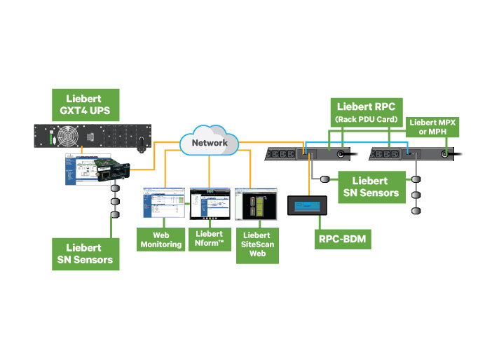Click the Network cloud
click(210, 141)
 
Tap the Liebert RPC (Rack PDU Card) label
click(366, 111)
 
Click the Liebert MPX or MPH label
click(432, 127)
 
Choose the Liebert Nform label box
click(210, 239)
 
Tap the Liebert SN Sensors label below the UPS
click(85, 254)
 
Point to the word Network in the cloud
click(210, 143)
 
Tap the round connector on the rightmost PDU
click(444, 153)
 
